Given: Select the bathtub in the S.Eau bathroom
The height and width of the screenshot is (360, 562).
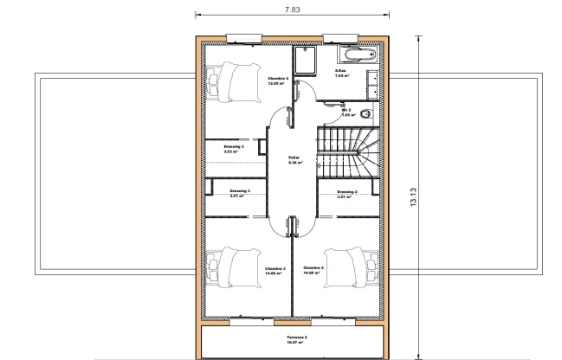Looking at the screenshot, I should [357, 55].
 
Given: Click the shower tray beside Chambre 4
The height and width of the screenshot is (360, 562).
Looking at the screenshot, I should [307, 61].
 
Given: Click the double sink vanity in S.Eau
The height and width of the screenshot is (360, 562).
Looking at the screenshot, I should [373, 85].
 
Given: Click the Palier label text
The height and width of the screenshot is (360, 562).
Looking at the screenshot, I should [294, 159].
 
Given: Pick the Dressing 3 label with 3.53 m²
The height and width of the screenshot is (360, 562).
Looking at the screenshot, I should [234, 149].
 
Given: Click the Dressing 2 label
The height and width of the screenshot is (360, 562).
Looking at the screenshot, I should [347, 194].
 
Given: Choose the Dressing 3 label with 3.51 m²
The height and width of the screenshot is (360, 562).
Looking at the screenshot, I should [240, 193].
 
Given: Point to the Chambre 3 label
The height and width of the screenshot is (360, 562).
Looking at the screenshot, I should [275, 271].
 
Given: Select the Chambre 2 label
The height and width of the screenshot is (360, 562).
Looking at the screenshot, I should [313, 270].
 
